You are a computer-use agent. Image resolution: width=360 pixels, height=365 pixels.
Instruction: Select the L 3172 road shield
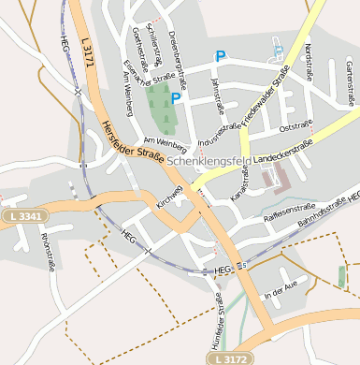tap(230, 358)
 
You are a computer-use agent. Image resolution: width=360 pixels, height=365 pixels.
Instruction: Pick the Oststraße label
tap(295, 124)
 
